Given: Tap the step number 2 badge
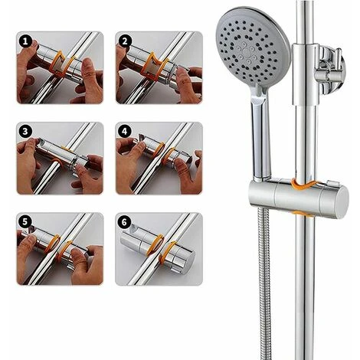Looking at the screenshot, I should (x=123, y=43).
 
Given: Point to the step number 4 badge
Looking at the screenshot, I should (x=123, y=133).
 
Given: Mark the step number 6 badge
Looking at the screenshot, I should (x=123, y=223).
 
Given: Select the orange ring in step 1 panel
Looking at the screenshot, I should (x=58, y=64).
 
